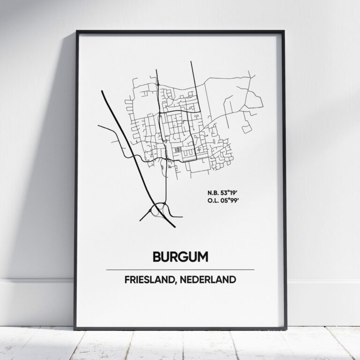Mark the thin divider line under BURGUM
[x=180, y=270]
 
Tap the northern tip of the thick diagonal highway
[x=102, y=91]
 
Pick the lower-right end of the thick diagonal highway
[x=175, y=227]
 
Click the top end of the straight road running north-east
[x=192, y=61]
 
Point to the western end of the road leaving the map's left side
[x=97, y=126]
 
